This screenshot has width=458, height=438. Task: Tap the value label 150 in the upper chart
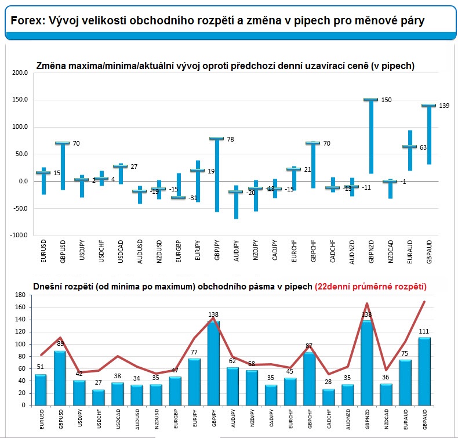[x=386, y=100]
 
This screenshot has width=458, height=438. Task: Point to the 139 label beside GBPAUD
[x=445, y=105]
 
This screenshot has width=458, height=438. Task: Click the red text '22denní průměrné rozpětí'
[x=370, y=287]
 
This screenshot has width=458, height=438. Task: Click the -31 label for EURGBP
[x=193, y=198]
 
